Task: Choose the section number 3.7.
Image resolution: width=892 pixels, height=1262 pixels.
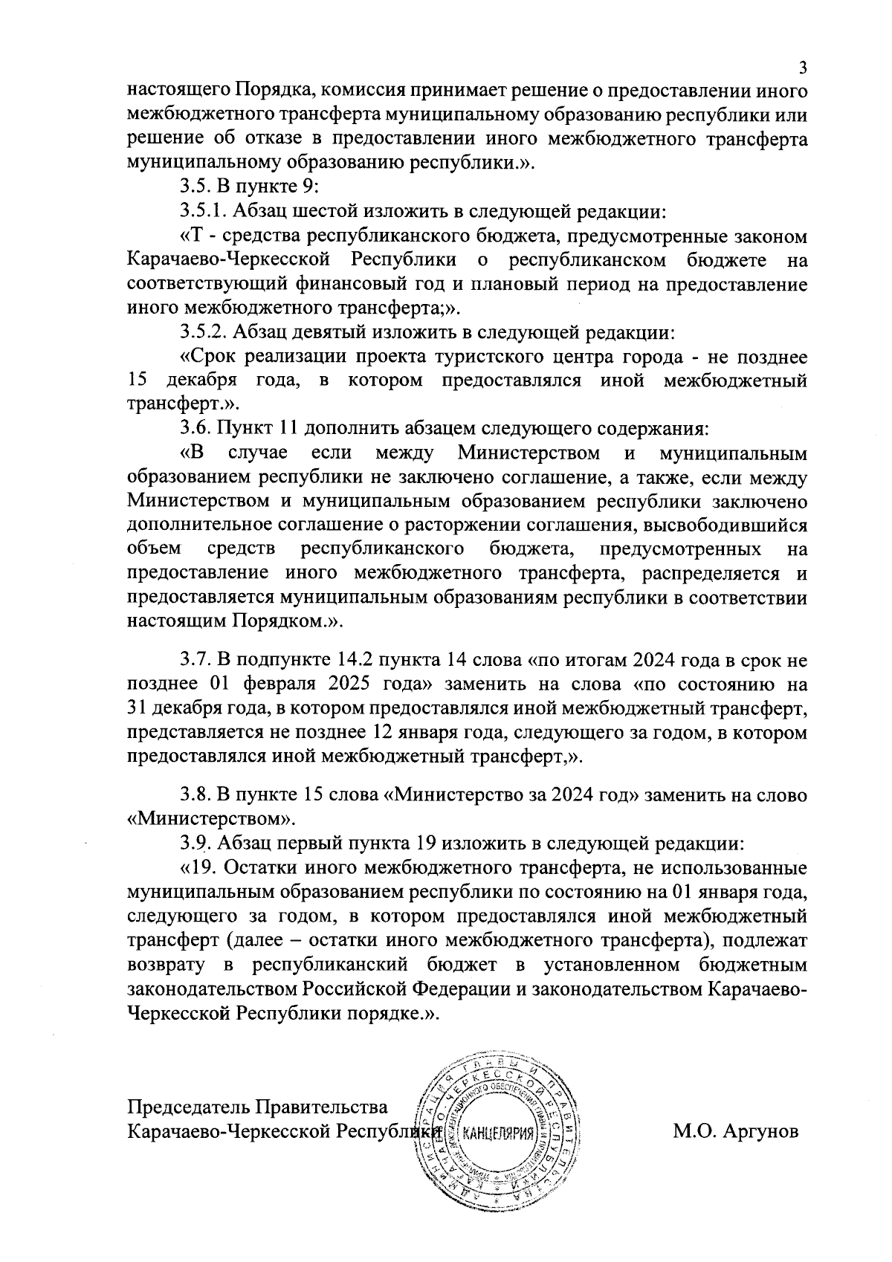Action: click(x=196, y=659)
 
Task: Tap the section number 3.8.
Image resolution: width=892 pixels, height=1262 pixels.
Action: click(x=196, y=795)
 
